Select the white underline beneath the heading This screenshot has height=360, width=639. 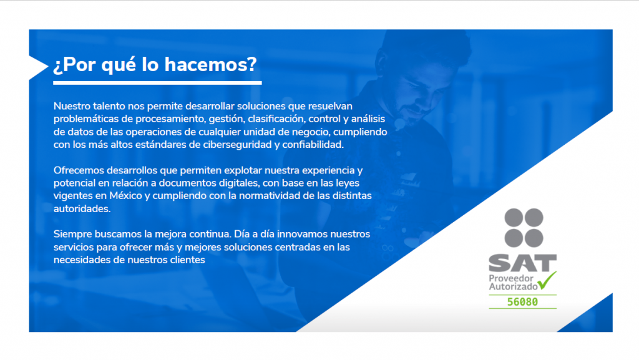point(157,83)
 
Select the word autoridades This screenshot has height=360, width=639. point(82,209)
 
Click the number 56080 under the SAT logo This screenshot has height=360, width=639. point(522,302)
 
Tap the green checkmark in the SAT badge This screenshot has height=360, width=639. point(547,280)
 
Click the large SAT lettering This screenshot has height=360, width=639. point(523,263)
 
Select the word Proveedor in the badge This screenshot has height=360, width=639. point(511,278)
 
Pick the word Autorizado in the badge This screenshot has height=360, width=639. point(514,287)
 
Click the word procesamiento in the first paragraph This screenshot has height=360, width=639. point(170,119)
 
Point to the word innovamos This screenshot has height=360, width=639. point(302,235)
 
